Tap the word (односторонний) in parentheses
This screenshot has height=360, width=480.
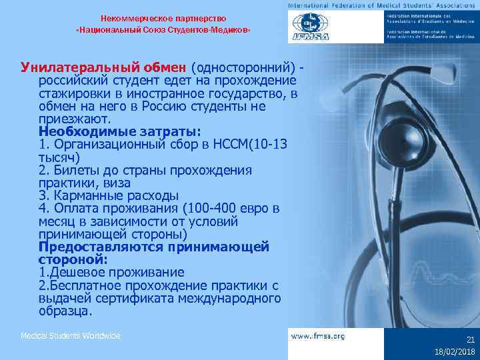coord(243,67)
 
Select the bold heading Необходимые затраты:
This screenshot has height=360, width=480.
coord(110,131)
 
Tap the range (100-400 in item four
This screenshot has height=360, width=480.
coord(213,208)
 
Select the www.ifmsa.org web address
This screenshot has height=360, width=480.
coord(318,337)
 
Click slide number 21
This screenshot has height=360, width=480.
coord(469,339)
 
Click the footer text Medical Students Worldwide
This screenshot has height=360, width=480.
coord(70,336)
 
